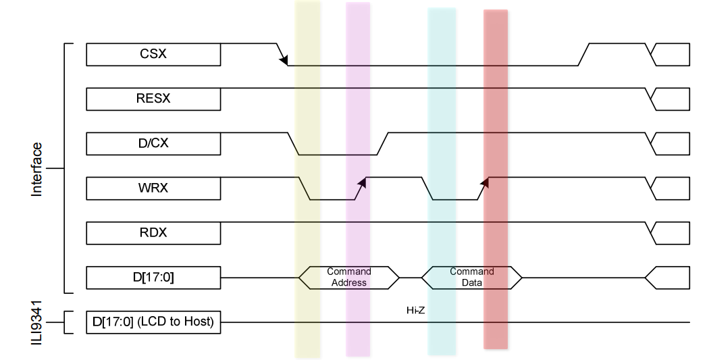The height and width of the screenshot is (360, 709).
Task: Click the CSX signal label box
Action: (153, 54)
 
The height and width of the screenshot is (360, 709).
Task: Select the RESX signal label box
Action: (153, 99)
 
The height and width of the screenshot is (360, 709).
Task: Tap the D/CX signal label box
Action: (153, 143)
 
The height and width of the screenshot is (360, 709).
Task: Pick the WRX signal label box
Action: (153, 188)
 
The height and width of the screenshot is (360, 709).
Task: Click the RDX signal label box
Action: (153, 232)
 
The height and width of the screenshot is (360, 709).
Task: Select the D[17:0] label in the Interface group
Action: (153, 277)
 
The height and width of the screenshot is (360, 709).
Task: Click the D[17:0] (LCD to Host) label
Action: (153, 322)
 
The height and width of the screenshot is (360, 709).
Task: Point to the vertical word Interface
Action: (37, 169)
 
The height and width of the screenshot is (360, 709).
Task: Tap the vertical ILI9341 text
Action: (37, 322)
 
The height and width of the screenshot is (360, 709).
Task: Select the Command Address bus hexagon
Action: (349, 277)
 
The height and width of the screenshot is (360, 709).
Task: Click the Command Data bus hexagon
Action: (471, 277)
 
